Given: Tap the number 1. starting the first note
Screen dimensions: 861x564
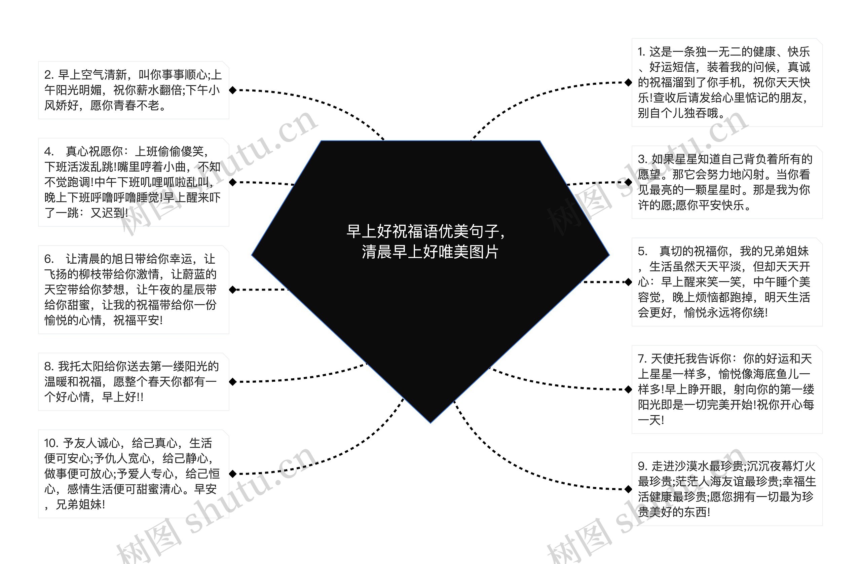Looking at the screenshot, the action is coord(641,52).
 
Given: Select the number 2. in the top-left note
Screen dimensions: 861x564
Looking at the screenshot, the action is coord(49,75).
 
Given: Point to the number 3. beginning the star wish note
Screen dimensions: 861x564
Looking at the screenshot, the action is coord(642,159).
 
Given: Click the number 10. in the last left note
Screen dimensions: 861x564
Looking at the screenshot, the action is coord(51,443).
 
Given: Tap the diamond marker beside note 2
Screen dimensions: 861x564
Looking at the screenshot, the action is coord(233,90).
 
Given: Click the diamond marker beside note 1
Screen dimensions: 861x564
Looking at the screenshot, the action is coord(628,83).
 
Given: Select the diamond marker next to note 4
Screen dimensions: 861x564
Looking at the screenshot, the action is coord(233,182).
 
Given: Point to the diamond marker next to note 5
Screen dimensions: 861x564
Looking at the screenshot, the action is coord(628,282).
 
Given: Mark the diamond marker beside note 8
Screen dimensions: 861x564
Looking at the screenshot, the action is coord(233,382).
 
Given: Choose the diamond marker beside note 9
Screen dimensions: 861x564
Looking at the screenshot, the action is coord(628,489).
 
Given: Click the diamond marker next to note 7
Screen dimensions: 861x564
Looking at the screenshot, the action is coord(628,389).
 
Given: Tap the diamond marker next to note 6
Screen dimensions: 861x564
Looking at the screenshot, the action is coord(233,290).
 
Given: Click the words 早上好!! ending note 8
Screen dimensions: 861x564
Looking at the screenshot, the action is coord(123,397).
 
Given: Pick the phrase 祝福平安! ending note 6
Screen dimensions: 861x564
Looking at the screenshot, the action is coord(138,321).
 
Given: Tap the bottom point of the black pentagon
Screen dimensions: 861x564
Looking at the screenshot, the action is coord(430,422).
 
